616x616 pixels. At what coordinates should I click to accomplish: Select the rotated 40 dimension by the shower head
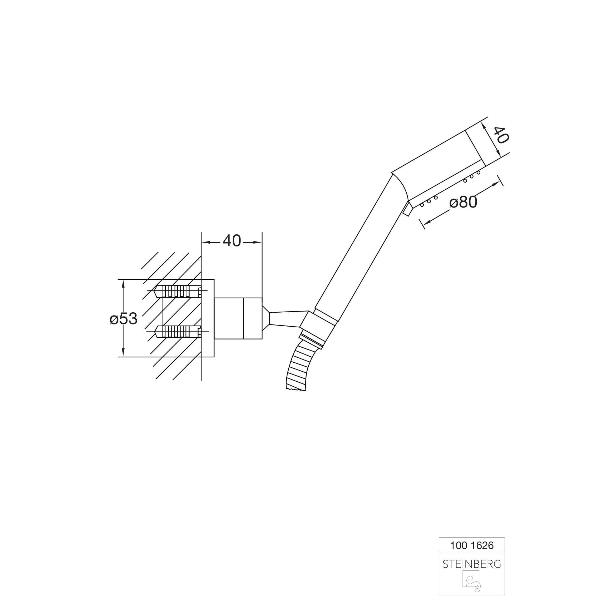[x=501, y=135]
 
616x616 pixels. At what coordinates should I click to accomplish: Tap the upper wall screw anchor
[x=178, y=291]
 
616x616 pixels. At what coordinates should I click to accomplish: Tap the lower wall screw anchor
[x=178, y=332]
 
